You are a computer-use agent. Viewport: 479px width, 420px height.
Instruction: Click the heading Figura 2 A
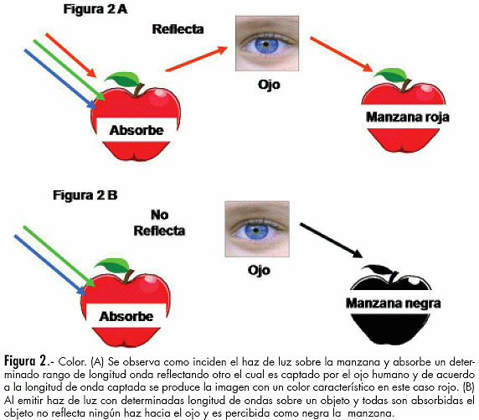click(x=95, y=9)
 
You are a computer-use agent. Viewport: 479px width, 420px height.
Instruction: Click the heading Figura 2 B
click(x=85, y=195)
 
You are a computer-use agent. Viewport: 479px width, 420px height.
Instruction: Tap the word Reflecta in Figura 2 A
click(x=178, y=29)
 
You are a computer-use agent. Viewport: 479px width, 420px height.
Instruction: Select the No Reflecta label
click(x=159, y=223)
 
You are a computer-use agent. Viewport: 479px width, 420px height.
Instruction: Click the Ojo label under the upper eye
click(x=269, y=85)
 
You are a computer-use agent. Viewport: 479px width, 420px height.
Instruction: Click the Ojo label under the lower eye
click(x=259, y=271)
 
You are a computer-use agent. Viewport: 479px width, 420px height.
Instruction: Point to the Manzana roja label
click(x=408, y=117)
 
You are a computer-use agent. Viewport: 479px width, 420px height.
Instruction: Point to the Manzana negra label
click(x=393, y=303)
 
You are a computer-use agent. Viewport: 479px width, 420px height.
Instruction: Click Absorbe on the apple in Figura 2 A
click(x=136, y=130)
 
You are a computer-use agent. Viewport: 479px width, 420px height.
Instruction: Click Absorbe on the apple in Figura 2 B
click(x=126, y=316)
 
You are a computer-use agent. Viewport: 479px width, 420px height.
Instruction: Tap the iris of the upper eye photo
click(x=266, y=44)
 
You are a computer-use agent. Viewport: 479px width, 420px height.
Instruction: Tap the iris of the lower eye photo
click(x=255, y=231)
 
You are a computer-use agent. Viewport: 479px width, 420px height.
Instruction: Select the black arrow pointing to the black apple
click(x=331, y=241)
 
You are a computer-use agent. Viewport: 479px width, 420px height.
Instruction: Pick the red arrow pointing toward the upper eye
click(x=197, y=59)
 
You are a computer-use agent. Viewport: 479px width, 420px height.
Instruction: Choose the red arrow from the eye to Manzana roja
click(x=342, y=54)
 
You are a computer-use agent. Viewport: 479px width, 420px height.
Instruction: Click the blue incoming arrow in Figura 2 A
click(x=60, y=79)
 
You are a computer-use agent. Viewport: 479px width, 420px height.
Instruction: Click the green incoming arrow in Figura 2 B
click(x=59, y=256)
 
